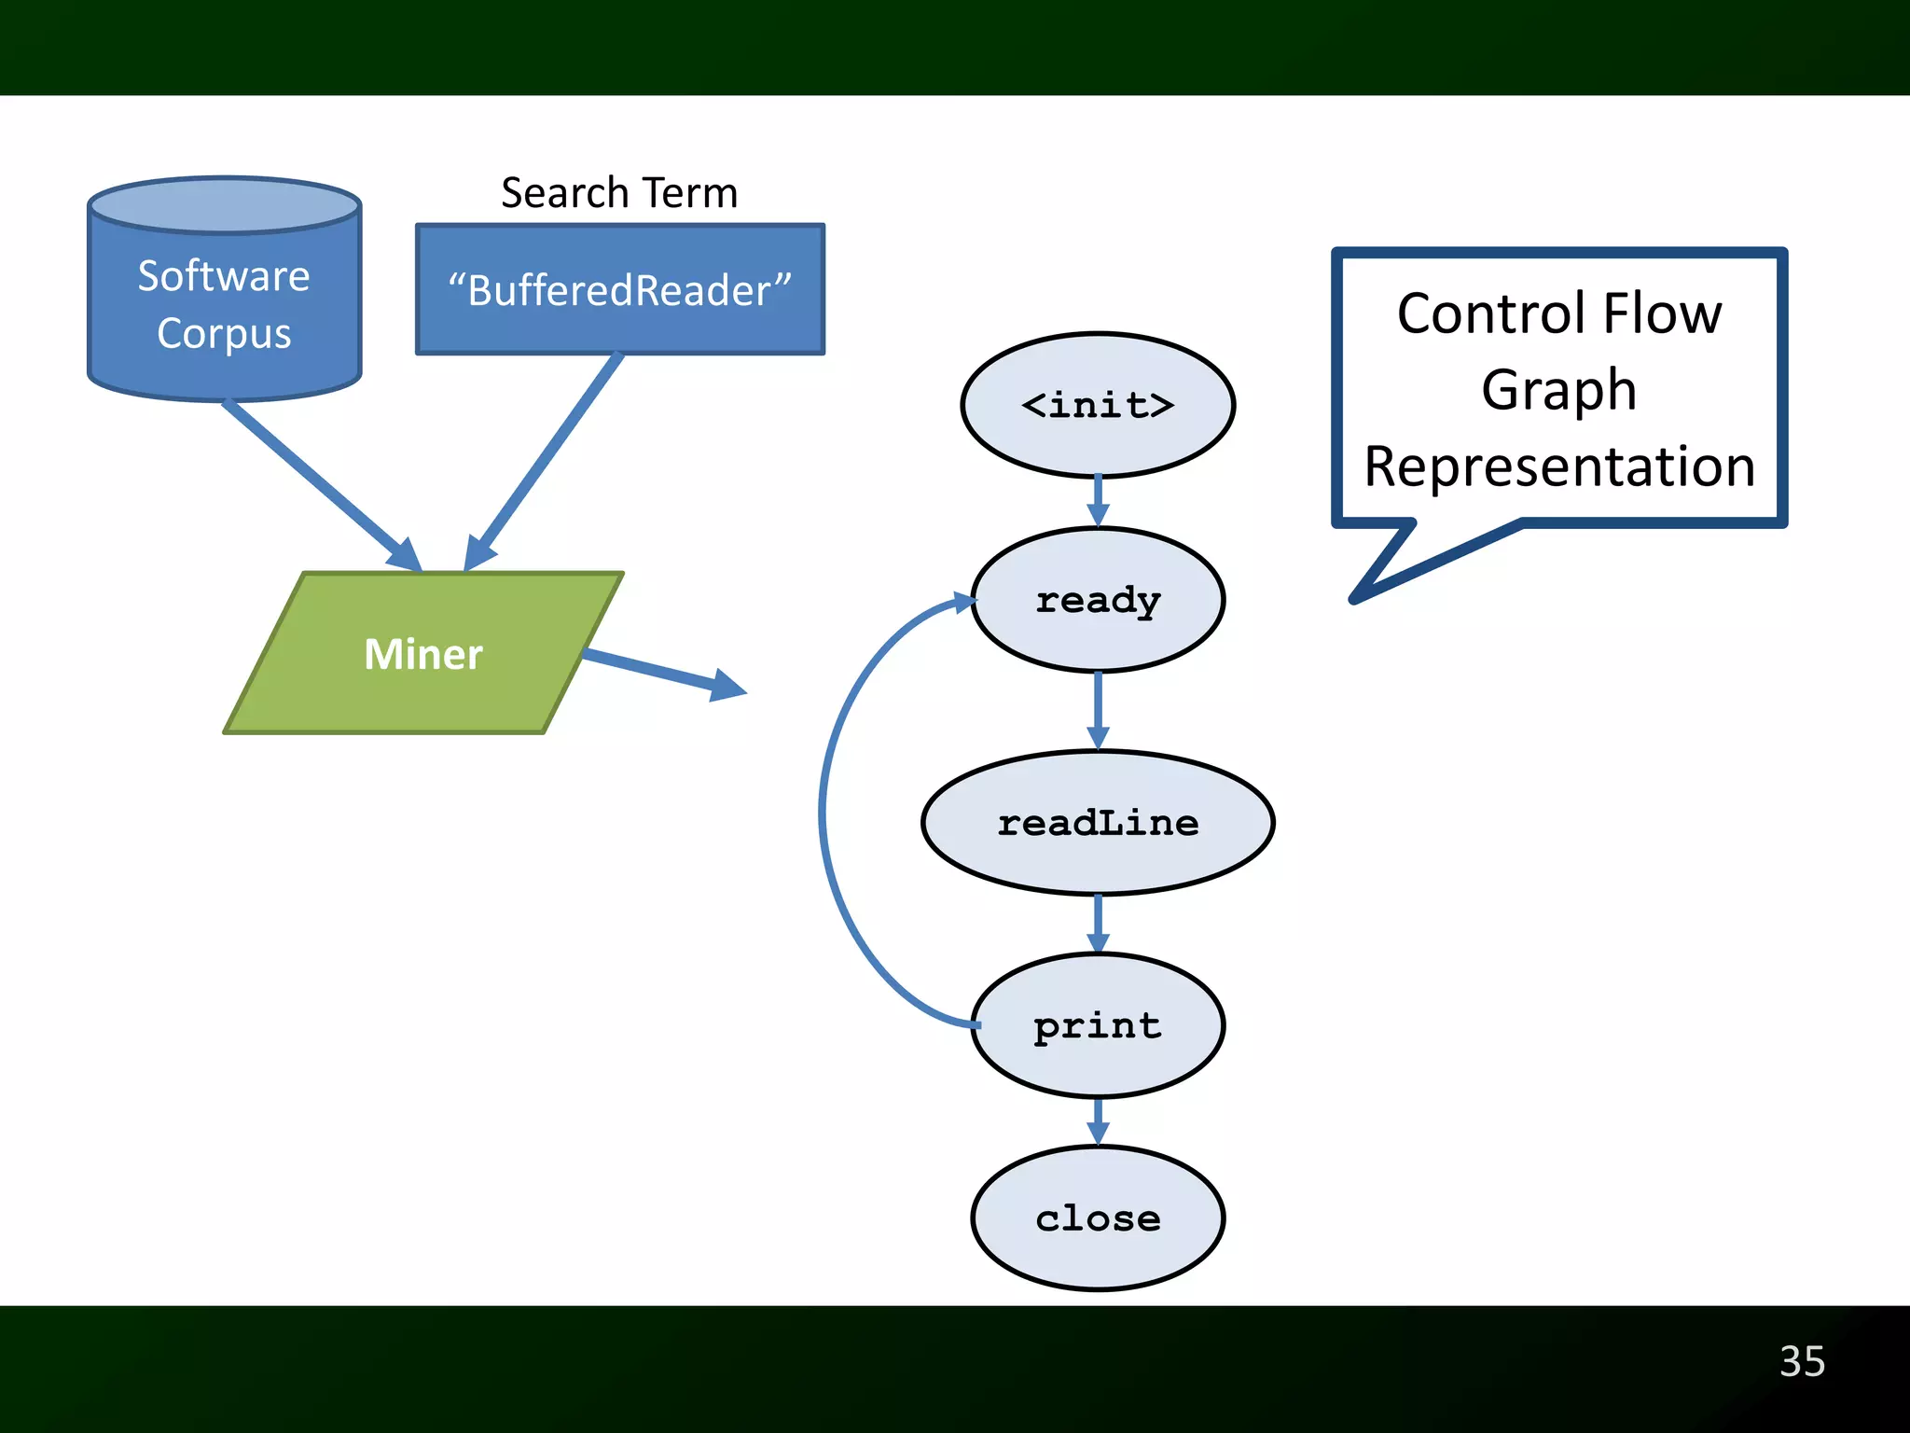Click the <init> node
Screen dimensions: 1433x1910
1098,405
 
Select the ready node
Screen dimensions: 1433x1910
1098,600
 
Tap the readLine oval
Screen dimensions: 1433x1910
1098,823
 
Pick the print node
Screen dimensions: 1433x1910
1098,1025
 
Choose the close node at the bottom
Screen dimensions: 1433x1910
1098,1218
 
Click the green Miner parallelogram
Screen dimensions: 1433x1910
423,653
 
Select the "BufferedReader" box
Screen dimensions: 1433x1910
619,289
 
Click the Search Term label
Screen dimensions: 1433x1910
619,193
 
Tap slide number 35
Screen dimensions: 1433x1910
1802,1361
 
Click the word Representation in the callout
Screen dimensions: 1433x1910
1559,466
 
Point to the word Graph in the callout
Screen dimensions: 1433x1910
1559,389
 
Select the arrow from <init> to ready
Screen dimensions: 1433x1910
1098,502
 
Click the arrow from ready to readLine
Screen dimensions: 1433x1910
1098,709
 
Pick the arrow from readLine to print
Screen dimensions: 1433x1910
1098,923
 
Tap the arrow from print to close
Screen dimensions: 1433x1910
1098,1120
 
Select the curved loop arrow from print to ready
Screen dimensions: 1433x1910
823,812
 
